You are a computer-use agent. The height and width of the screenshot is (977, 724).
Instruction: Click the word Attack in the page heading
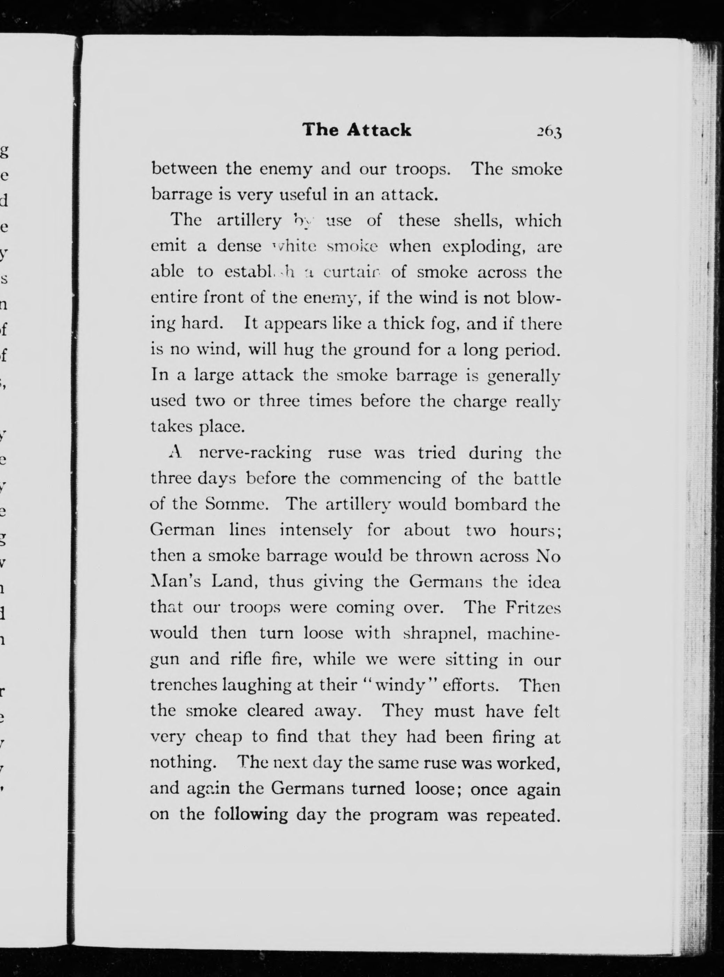[379, 130]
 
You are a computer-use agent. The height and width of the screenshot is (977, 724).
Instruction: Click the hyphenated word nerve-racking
[255, 453]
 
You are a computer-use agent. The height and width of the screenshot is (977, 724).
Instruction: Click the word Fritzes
[533, 608]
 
